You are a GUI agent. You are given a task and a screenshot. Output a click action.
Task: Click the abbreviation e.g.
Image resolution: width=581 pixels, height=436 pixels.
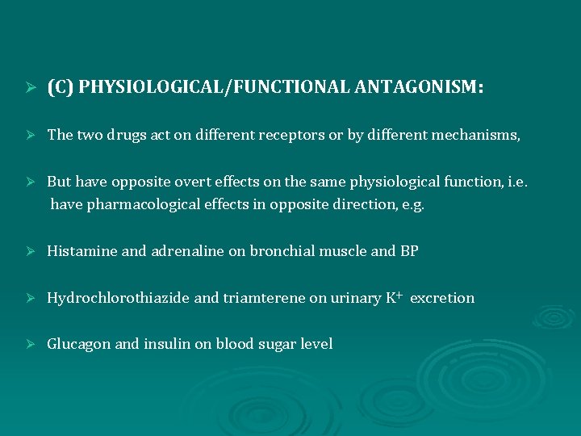pos(411,204)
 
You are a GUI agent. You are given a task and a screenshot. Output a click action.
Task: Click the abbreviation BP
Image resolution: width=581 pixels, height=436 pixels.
pos(409,251)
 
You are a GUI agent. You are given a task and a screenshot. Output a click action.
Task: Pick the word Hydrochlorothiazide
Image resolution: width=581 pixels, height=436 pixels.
pos(119,298)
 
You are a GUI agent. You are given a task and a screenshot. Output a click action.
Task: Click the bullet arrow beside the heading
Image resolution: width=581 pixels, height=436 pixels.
pos(31,88)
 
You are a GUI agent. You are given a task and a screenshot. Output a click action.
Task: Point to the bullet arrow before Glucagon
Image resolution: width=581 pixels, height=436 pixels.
pos(31,345)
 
